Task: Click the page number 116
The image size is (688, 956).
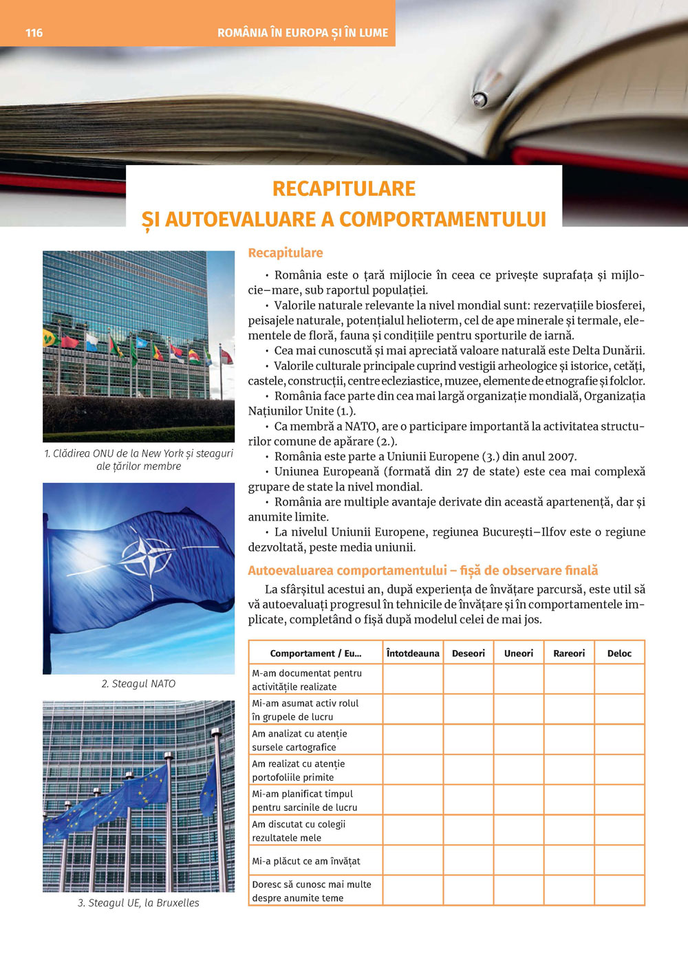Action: point(34,32)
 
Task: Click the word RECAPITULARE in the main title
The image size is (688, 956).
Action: point(344,188)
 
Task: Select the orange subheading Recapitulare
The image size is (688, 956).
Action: point(285,253)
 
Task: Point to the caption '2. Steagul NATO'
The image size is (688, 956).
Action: point(138,684)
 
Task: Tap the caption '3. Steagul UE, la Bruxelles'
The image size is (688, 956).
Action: point(138,902)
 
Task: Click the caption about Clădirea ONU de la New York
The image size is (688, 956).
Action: point(138,459)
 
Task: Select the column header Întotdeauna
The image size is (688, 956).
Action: point(413,653)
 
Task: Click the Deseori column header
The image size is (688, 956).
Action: point(469,653)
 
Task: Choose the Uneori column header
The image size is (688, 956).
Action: point(519,653)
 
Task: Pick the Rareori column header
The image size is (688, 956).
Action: point(569,653)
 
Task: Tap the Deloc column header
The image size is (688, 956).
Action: point(619,653)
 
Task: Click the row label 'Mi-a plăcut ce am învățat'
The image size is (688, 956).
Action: point(306,861)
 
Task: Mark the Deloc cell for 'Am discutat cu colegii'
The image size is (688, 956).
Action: point(619,831)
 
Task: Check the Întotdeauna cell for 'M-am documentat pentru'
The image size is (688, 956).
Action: point(413,680)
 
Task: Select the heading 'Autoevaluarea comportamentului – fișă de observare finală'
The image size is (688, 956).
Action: point(422,571)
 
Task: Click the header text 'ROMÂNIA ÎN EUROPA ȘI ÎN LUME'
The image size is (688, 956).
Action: point(303,32)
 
